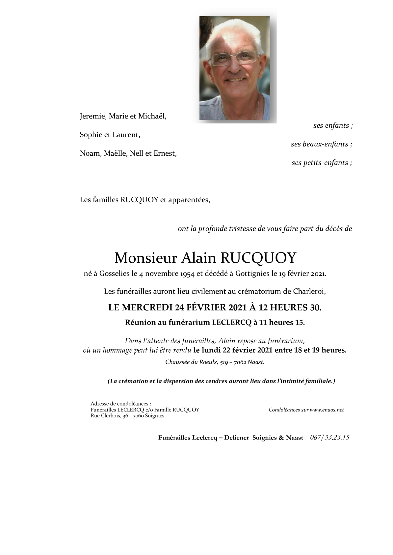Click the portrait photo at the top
[x=235, y=68]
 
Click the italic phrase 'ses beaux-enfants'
[x=321, y=144]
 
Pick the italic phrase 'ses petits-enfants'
[x=321, y=163]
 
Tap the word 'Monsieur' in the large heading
[x=146, y=258]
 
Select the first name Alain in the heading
[x=198, y=258]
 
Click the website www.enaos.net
[x=327, y=410]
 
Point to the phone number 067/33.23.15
[x=329, y=437]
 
